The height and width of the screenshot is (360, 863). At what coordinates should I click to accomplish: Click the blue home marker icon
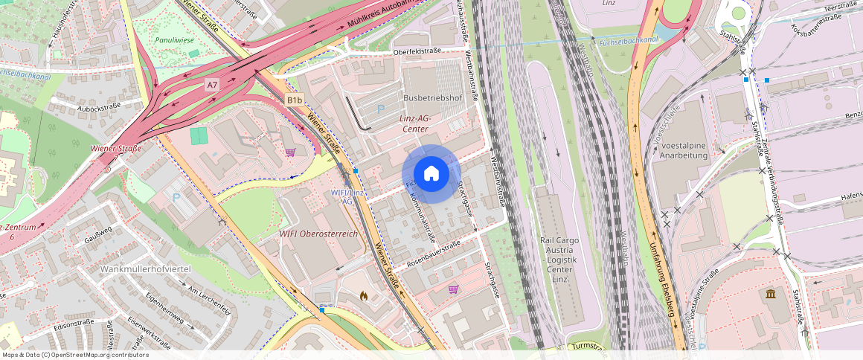431,174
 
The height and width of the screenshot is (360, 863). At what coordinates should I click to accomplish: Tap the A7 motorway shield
213,86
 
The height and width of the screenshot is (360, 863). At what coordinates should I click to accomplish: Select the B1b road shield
295,100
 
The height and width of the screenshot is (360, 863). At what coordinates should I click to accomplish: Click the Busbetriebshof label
432,98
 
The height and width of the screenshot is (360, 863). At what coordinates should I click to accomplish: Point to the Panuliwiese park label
173,39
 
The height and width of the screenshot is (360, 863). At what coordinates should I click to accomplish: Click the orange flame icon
364,295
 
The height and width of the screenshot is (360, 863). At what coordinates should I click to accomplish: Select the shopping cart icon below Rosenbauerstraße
453,289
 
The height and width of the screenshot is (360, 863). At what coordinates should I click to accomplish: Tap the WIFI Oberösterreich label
318,234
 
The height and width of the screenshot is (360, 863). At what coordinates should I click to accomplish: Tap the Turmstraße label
588,347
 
